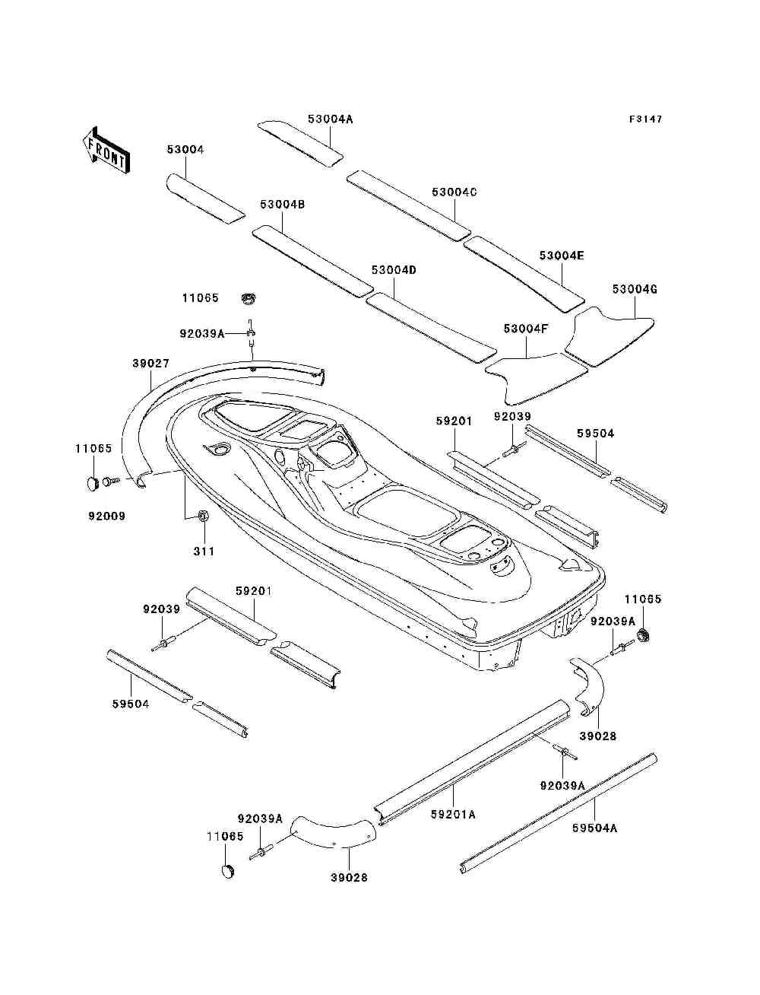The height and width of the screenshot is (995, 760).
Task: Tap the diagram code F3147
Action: (x=645, y=119)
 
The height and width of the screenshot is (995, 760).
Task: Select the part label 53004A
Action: (x=331, y=119)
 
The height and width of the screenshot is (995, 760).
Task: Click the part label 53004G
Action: (x=635, y=289)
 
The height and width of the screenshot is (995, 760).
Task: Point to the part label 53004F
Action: (x=526, y=329)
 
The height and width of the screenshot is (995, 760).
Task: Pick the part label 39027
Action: (x=150, y=364)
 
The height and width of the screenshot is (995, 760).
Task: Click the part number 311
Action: (x=203, y=551)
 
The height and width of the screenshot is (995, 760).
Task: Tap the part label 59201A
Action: (x=453, y=814)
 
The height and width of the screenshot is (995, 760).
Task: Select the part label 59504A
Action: (x=595, y=828)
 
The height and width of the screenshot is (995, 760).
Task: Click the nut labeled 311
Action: (x=203, y=517)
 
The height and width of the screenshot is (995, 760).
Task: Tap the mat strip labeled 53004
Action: (x=204, y=198)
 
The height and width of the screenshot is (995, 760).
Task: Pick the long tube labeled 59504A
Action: (x=559, y=812)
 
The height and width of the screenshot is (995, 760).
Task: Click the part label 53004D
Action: (x=394, y=271)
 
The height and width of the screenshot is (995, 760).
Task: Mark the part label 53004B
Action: (x=283, y=205)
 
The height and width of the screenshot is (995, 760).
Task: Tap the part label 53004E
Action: (x=562, y=256)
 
